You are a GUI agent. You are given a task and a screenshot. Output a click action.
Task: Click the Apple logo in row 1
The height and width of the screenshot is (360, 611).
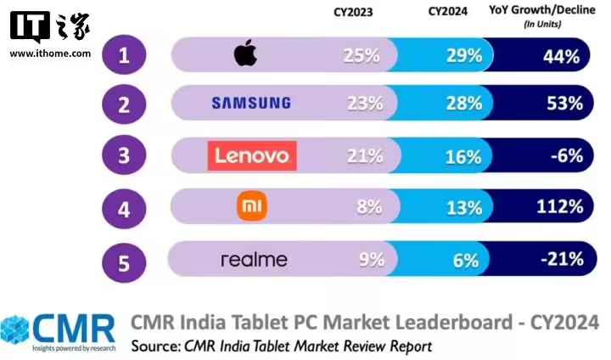[x=245, y=55]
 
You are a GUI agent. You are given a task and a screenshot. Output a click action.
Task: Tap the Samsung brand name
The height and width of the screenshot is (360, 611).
[x=250, y=104]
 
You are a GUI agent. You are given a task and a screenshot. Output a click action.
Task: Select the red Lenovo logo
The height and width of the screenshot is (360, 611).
[x=252, y=155]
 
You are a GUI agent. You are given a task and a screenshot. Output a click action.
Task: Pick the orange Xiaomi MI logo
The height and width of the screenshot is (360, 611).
[x=252, y=206]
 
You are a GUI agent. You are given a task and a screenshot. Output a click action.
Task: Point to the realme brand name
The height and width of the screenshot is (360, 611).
[x=254, y=259]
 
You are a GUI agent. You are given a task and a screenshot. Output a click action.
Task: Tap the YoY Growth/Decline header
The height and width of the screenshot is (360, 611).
[x=541, y=12]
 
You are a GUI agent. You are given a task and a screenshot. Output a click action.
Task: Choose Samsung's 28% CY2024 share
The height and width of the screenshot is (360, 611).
[x=463, y=104]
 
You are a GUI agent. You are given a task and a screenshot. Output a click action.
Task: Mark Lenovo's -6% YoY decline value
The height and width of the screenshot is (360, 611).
[x=563, y=155]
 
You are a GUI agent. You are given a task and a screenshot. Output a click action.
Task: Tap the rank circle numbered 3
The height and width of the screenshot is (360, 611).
[x=124, y=157]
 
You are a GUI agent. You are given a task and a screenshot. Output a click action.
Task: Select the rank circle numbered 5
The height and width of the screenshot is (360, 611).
[x=124, y=262]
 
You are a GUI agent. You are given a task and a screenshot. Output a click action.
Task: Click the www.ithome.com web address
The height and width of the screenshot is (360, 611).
[x=50, y=53]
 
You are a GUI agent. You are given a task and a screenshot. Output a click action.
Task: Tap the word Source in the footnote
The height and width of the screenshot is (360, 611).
[x=154, y=346]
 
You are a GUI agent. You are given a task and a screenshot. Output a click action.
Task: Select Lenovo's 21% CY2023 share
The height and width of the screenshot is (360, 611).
[x=367, y=155]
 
